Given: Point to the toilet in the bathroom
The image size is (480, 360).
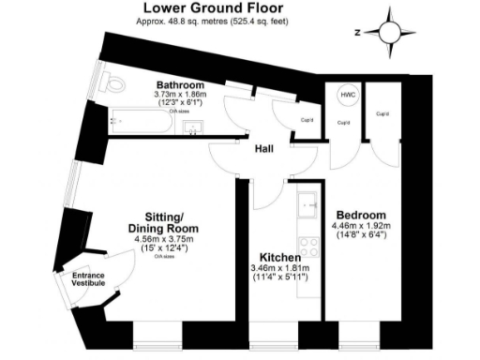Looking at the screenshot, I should [x=114, y=85].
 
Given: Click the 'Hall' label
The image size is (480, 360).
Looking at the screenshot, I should [x=264, y=149].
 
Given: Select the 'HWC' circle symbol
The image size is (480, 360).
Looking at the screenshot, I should [x=348, y=96].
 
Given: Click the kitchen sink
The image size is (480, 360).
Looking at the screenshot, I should [x=307, y=203].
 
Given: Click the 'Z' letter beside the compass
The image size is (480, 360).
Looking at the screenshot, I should [x=357, y=31].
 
